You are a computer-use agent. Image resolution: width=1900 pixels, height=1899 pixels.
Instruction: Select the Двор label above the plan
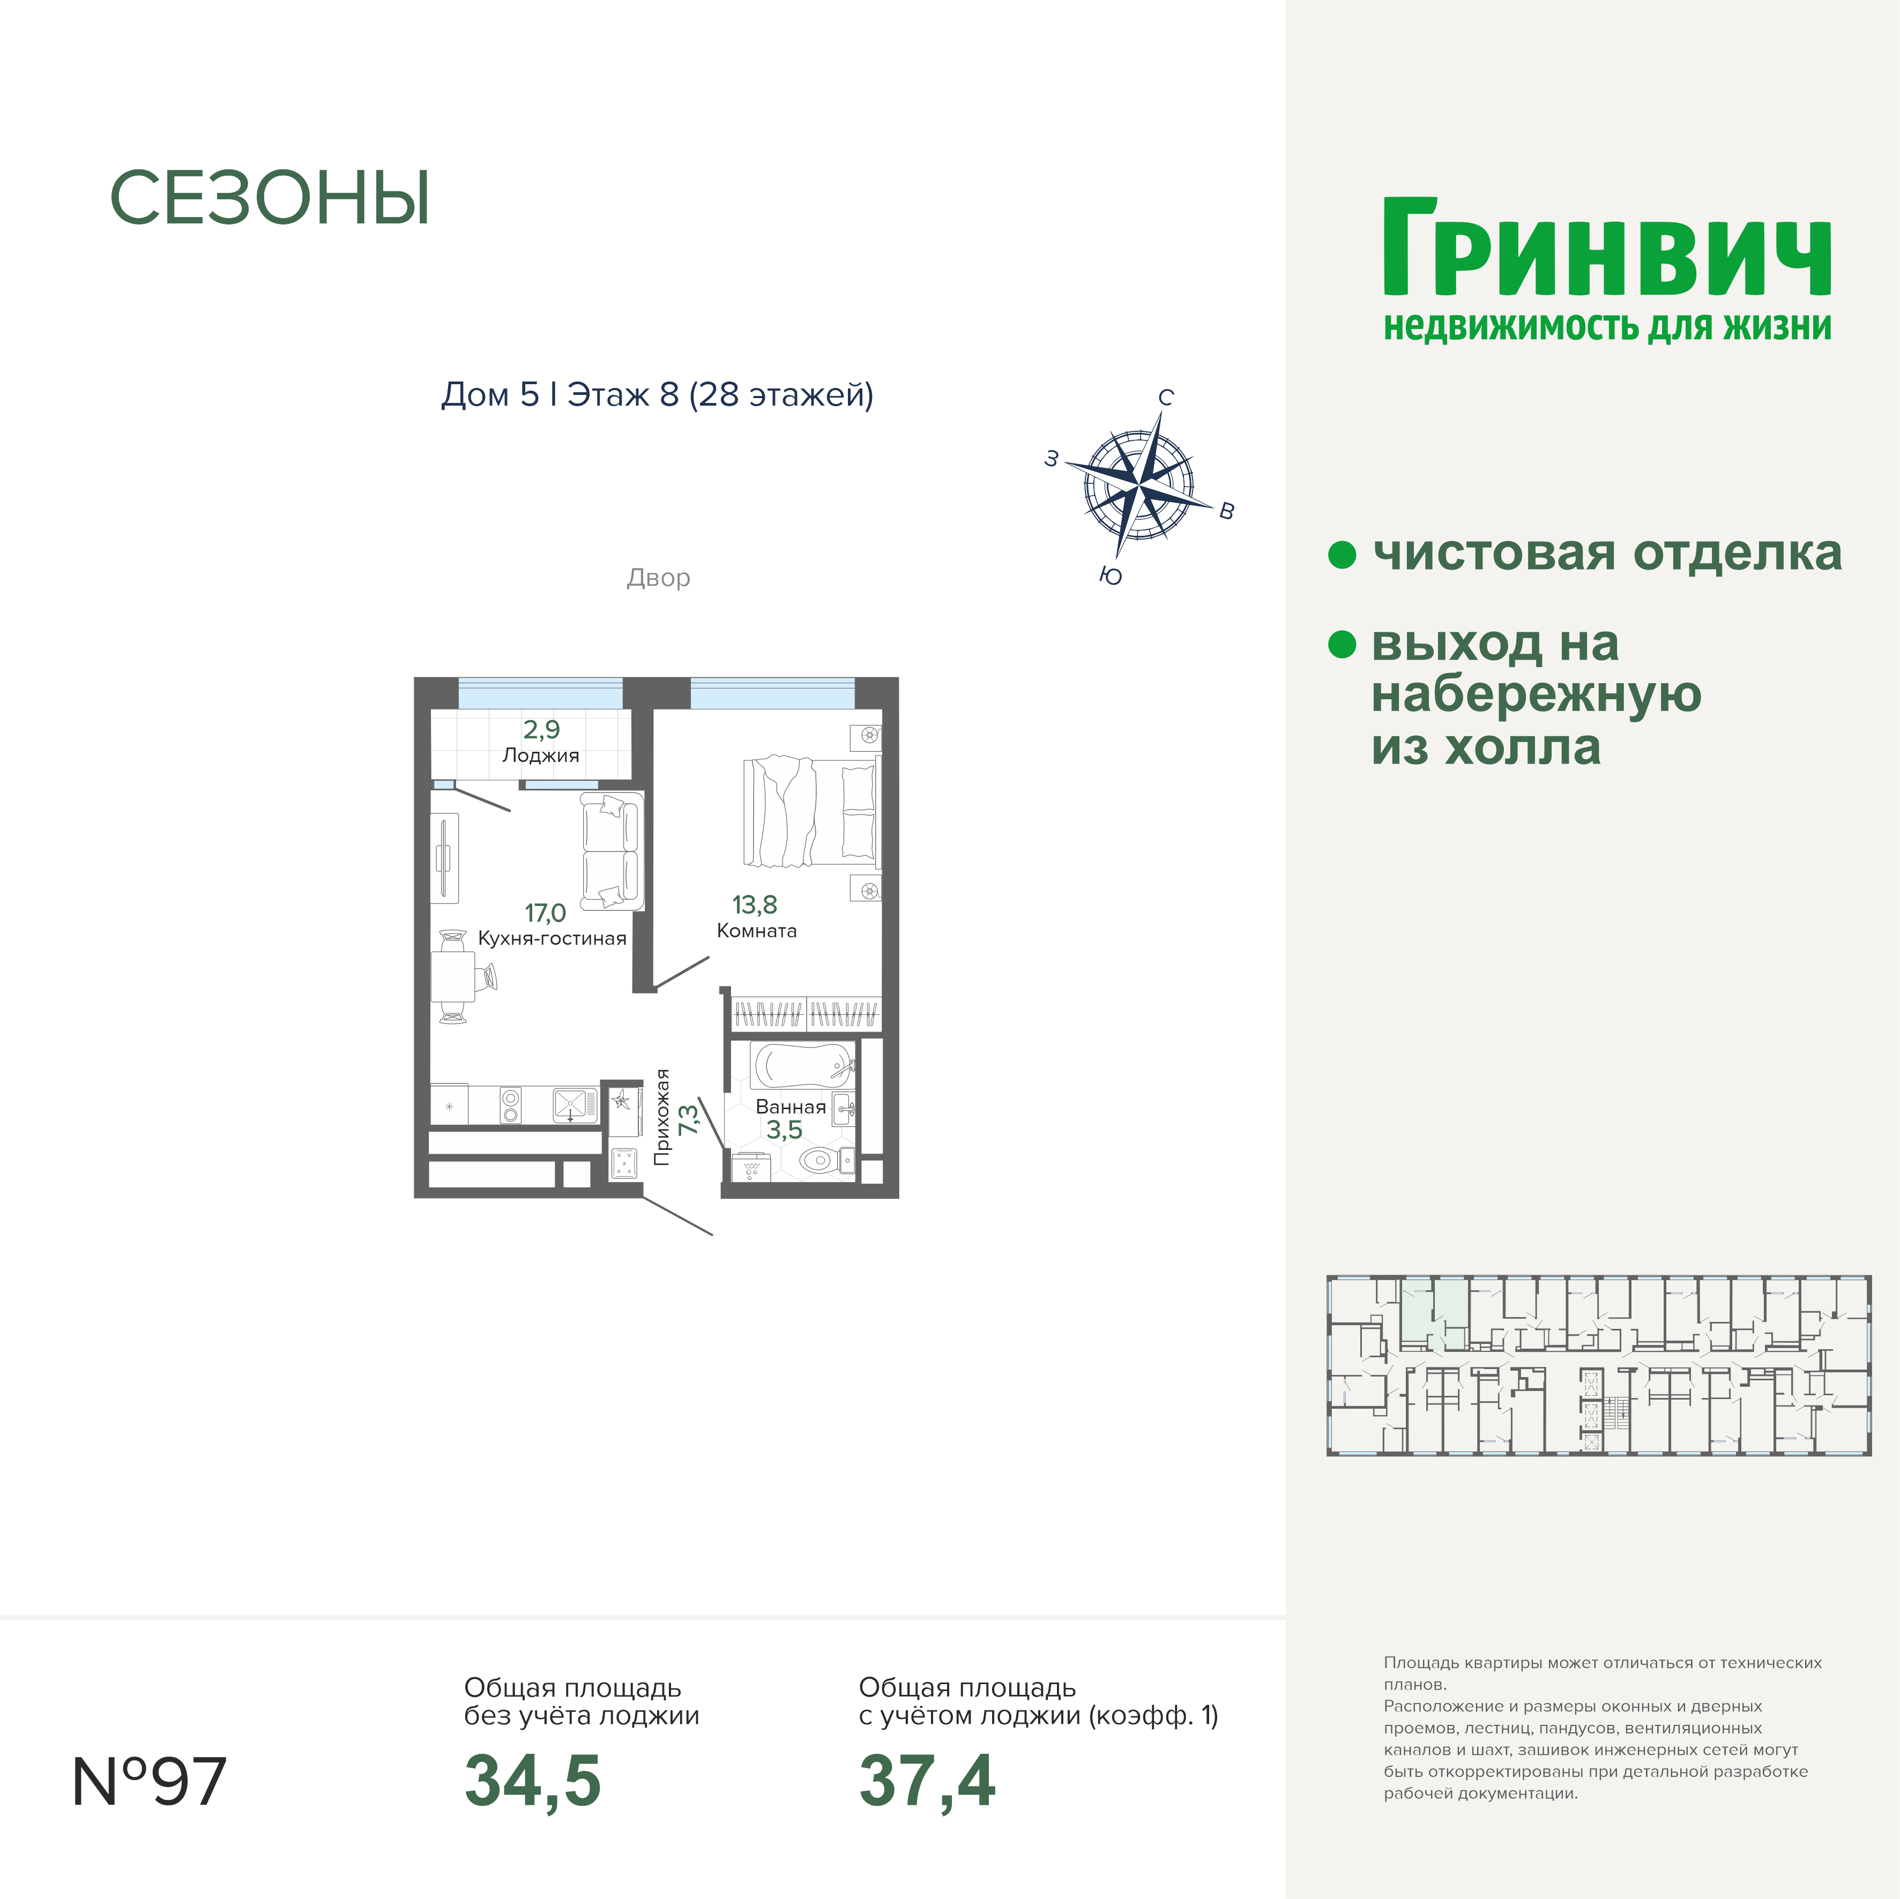coord(658,577)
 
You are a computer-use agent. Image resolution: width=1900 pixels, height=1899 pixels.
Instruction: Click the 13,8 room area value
coord(754,904)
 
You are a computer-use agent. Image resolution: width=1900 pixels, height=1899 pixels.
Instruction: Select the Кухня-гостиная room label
coord(552,938)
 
